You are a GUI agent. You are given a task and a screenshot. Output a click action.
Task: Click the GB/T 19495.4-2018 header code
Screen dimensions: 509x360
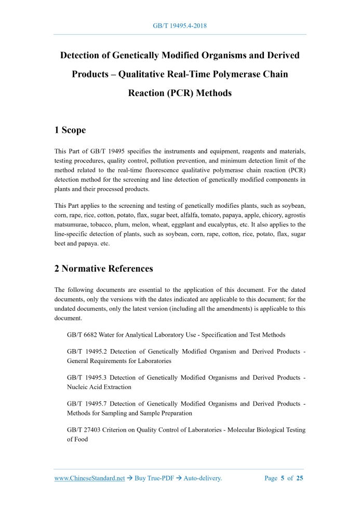point(180,25)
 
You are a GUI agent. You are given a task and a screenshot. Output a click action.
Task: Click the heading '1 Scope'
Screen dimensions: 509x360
point(70,130)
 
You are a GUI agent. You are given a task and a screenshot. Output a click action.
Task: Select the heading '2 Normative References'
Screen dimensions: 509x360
point(104,269)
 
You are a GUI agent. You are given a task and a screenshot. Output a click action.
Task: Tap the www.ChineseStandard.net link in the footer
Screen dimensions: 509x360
point(89,478)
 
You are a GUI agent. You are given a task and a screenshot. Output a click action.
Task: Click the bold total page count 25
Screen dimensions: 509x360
point(299,478)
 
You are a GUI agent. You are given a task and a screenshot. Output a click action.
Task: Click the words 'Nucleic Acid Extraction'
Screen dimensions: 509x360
point(99,387)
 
